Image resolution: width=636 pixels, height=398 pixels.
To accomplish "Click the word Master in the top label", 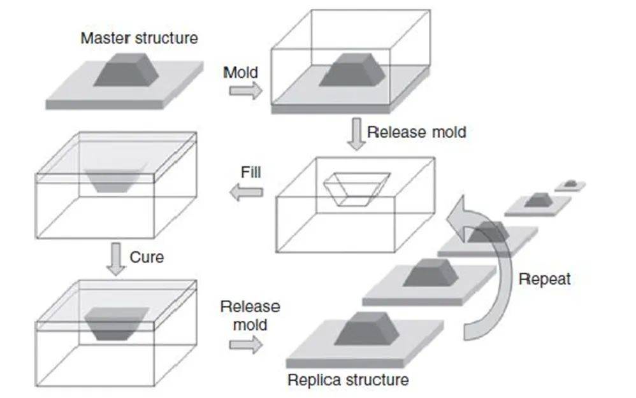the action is (x=105, y=38).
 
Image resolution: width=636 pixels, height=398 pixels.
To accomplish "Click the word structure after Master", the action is (x=166, y=38).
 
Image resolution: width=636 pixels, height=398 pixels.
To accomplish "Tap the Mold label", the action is (x=240, y=73).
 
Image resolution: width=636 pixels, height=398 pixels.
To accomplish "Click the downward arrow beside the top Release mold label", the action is (x=356, y=134).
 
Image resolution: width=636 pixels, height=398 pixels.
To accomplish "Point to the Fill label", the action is (x=250, y=172).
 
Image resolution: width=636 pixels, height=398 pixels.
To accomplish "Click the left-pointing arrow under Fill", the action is (x=246, y=192).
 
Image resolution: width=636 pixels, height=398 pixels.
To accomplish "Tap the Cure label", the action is (x=147, y=257).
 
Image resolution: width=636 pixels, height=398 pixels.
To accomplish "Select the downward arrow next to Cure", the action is (x=116, y=259).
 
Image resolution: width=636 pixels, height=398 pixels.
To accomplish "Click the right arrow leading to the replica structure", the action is (x=246, y=345).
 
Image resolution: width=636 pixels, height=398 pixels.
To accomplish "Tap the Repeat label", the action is (x=545, y=279).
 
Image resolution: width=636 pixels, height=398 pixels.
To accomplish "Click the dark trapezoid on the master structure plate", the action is (x=126, y=69).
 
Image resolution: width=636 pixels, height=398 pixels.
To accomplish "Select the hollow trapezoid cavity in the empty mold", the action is (x=357, y=189).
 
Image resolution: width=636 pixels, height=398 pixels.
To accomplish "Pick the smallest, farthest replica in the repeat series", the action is (x=570, y=185).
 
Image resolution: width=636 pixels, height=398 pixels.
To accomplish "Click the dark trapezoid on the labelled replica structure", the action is (x=366, y=329).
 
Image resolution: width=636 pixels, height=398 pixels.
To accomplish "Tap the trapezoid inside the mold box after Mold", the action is (x=352, y=69).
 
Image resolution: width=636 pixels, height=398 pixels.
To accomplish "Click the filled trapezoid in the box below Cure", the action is (x=117, y=323).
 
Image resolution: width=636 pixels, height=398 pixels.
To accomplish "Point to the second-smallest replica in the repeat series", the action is (x=538, y=204).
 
